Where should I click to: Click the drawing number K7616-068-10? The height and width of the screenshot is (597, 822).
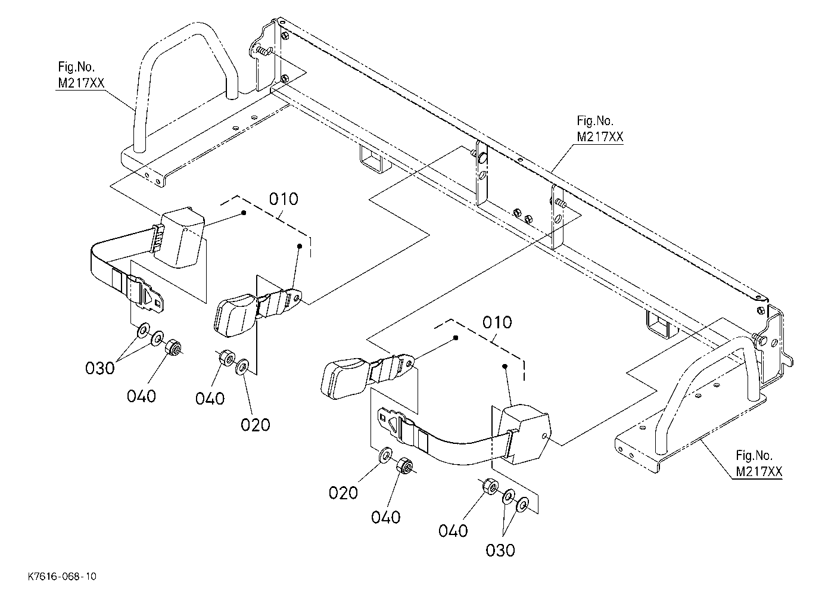[x=62, y=576]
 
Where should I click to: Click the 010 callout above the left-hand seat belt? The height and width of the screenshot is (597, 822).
[x=284, y=199]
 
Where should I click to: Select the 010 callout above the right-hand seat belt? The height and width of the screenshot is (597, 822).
[x=497, y=322]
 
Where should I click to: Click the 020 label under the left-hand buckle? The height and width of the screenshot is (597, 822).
[x=256, y=425]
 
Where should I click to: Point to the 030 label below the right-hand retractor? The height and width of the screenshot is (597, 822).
[x=500, y=551]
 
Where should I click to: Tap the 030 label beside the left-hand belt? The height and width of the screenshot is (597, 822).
[x=100, y=368]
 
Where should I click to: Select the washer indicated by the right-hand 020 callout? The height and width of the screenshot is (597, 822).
[x=385, y=455]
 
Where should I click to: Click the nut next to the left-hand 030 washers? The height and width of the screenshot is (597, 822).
[x=173, y=347]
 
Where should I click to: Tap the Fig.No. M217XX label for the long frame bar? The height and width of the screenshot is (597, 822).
[x=600, y=129]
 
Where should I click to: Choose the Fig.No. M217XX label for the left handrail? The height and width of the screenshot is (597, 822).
[x=81, y=75]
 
